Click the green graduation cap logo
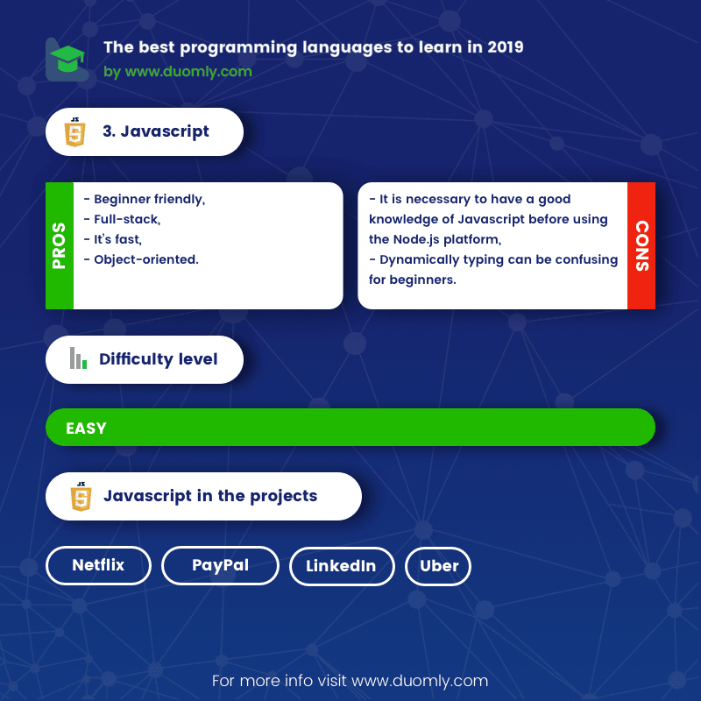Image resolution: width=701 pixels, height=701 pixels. [66, 60]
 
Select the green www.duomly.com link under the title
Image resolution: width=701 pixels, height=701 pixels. [188, 72]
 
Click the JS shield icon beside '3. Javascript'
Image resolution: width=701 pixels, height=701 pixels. [75, 132]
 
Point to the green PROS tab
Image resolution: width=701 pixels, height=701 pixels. [60, 245]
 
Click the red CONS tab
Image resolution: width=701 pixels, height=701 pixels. [641, 245]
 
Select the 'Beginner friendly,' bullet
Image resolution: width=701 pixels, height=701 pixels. [145, 200]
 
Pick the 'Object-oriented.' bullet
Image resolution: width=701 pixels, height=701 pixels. [140, 259]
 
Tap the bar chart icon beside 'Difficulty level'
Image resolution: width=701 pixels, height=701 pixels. [78, 358]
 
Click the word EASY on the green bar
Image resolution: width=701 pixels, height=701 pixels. [86, 428]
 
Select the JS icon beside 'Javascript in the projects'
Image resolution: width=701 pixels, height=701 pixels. [81, 497]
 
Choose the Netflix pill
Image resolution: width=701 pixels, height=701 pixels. [98, 566]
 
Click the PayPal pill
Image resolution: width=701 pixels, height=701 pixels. [220, 566]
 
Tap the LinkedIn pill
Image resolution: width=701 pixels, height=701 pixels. [341, 566]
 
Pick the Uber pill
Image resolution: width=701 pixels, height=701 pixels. [439, 566]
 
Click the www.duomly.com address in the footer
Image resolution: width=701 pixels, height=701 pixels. [420, 680]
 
